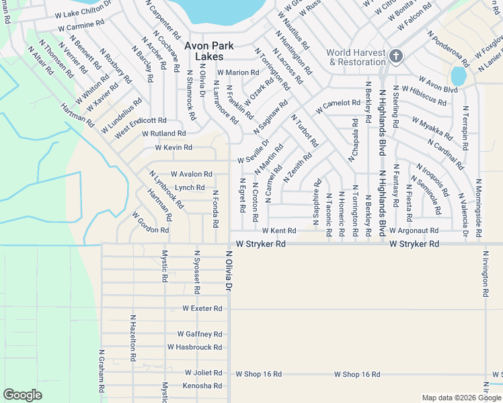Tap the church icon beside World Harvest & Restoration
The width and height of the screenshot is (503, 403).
(395, 56)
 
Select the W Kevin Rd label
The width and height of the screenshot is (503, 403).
(173, 147)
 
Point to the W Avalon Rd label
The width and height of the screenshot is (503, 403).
(192, 174)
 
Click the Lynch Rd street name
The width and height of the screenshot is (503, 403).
(190, 188)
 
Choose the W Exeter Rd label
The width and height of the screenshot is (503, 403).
(202, 308)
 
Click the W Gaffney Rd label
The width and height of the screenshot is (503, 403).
(200, 334)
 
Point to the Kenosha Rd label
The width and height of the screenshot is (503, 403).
(202, 386)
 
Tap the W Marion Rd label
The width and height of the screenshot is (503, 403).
(237, 73)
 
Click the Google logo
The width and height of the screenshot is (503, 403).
(22, 395)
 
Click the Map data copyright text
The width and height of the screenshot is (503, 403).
(461, 398)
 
